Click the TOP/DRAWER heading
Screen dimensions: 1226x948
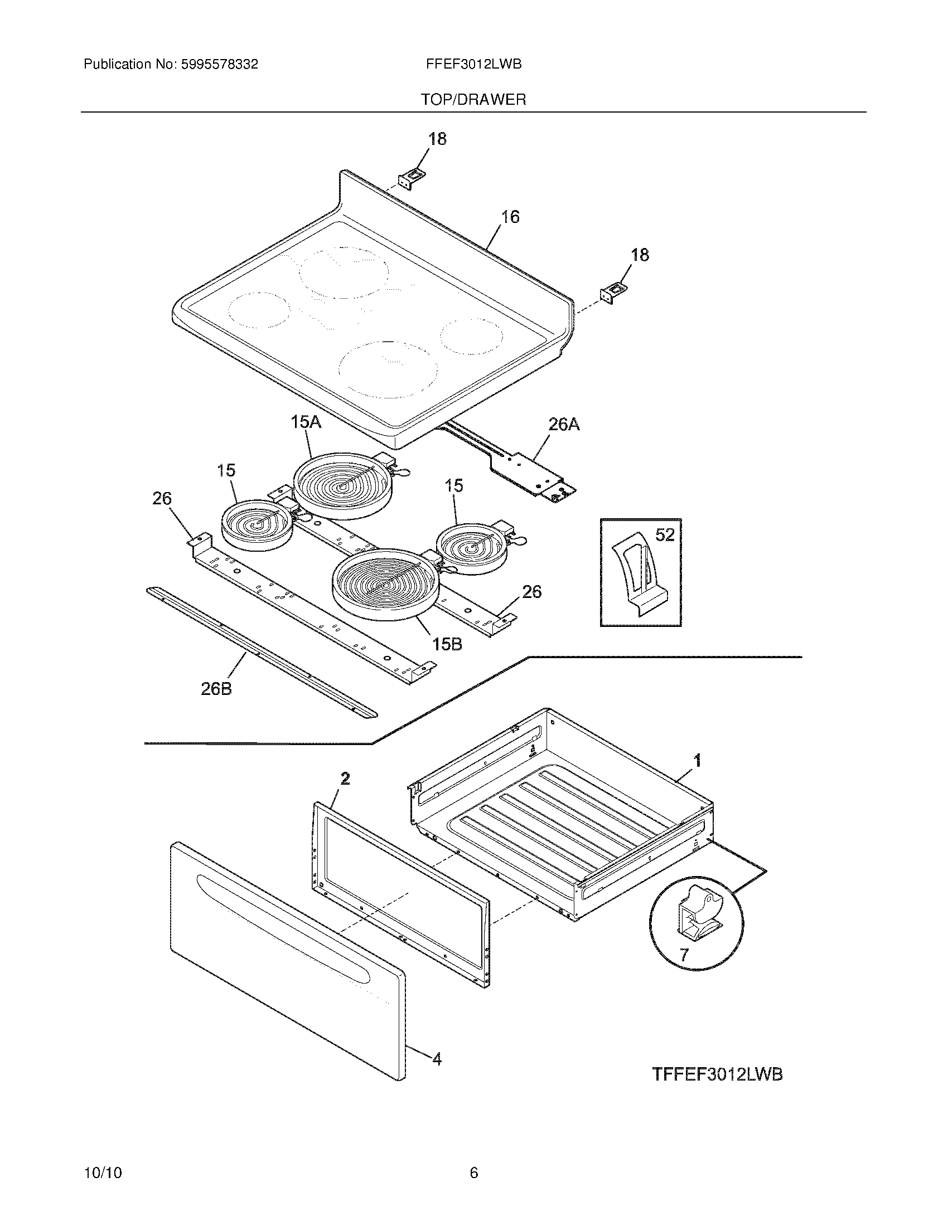pos(473,100)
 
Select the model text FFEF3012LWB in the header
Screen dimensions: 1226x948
pos(473,65)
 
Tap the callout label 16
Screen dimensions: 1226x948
pos(510,217)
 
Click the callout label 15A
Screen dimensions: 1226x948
pos(306,422)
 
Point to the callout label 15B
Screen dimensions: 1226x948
pos(447,644)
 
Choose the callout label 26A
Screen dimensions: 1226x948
pos(564,425)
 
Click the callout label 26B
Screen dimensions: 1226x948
pos(216,689)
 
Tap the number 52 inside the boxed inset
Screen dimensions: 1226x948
pos(665,535)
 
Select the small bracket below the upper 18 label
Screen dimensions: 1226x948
pos(412,178)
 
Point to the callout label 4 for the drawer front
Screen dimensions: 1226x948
pos(437,1059)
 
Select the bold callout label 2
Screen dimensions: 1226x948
pos(345,778)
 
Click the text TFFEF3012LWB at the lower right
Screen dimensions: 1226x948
pos(717,1074)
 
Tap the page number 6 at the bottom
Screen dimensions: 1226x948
pos(473,1173)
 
